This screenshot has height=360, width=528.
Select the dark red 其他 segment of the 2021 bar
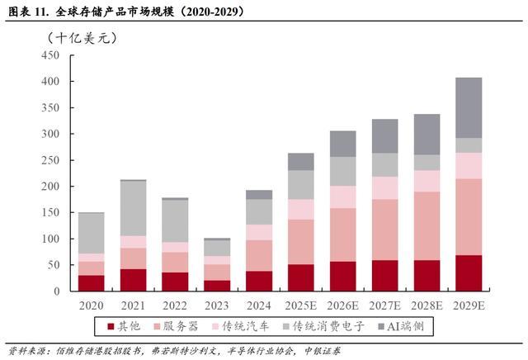(x=132, y=280)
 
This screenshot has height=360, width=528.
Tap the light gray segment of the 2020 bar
(x=91, y=233)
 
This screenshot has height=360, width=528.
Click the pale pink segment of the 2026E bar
(x=342, y=197)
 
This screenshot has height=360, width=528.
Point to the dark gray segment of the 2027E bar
(x=385, y=135)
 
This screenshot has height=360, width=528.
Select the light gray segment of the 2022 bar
(x=174, y=220)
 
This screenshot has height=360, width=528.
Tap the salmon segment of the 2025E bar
(x=300, y=241)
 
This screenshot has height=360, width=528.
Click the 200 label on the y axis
(x=49, y=187)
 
